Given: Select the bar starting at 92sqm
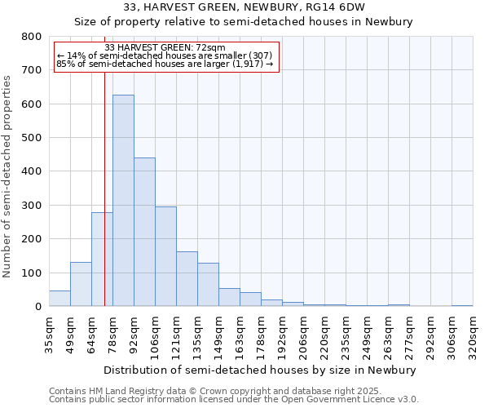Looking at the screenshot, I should pyautogui.click(x=144, y=232).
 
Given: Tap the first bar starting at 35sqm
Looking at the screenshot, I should pyautogui.click(x=59, y=298).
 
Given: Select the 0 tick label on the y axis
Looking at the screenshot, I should pyautogui.click(x=37, y=307).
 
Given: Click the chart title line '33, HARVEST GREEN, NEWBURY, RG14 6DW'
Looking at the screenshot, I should pyautogui.click(x=244, y=7).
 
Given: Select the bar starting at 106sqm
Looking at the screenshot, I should pyautogui.click(x=165, y=256).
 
